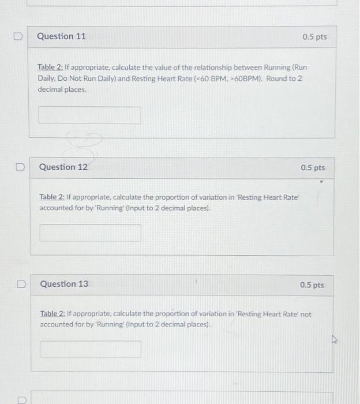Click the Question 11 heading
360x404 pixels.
coord(61,36)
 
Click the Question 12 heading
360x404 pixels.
coord(63,167)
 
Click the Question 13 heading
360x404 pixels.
coord(64,284)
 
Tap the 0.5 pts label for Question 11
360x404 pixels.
coord(314,37)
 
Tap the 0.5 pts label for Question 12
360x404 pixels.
coord(313,168)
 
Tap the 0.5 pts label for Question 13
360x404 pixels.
coord(312,285)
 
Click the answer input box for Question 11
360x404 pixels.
coord(89,115)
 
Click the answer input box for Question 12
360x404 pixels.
coord(90,233)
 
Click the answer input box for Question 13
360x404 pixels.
coord(91,349)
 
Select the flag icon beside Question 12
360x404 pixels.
coord(19,167)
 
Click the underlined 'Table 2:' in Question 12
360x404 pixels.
coord(51,197)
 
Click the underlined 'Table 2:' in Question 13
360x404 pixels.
coord(52,315)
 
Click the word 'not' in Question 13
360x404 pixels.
coord(305,315)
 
